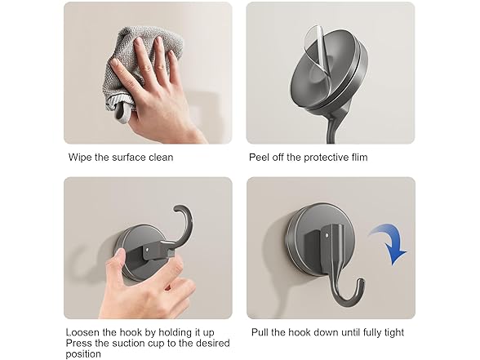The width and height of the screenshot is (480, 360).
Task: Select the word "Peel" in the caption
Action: tap(260, 157)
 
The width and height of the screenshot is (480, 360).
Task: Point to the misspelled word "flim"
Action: tap(358, 157)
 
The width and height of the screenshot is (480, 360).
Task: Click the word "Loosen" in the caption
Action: tap(84, 332)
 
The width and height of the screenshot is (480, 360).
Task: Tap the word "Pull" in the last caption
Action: tap(259, 332)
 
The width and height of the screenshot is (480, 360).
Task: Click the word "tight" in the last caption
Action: tap(392, 332)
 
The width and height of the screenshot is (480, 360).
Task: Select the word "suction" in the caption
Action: tap(131, 344)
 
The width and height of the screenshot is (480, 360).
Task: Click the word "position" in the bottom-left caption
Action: tap(83, 355)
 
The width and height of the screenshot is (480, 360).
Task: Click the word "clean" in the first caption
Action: tap(160, 157)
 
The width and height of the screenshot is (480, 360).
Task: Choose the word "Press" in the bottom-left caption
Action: tap(80, 344)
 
